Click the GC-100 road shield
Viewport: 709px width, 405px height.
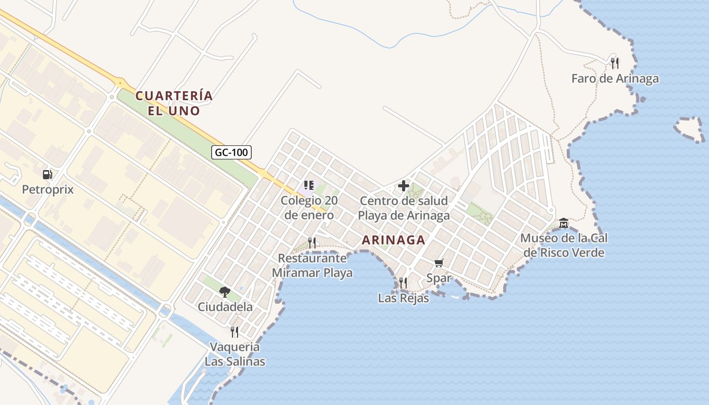pyautogui.click(x=231, y=152)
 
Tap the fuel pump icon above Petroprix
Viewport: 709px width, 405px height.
pyautogui.click(x=47, y=175)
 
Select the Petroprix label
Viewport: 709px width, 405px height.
pyautogui.click(x=48, y=190)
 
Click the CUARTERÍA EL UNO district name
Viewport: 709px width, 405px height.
pyautogui.click(x=174, y=103)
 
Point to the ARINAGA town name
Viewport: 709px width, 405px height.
pyautogui.click(x=393, y=240)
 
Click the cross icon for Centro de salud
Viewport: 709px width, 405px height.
pyautogui.click(x=404, y=186)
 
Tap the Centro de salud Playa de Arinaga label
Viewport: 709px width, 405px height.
pyautogui.click(x=404, y=208)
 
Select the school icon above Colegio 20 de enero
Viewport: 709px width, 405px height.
pyautogui.click(x=309, y=185)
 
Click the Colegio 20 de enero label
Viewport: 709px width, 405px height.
pyautogui.click(x=309, y=208)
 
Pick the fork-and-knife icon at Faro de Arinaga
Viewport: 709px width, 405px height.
pyautogui.click(x=615, y=63)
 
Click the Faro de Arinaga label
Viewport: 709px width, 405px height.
pyautogui.click(x=615, y=78)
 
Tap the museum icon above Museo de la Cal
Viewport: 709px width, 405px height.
pyautogui.click(x=564, y=223)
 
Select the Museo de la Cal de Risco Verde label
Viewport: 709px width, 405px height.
pyautogui.click(x=564, y=245)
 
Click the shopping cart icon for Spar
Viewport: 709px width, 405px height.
pyautogui.click(x=439, y=263)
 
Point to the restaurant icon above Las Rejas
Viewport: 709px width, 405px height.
pyautogui.click(x=403, y=282)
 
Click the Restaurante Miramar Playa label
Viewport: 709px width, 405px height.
pyautogui.click(x=312, y=265)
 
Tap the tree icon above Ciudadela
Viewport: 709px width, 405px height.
pyautogui.click(x=225, y=292)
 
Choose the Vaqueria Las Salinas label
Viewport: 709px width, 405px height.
pyautogui.click(x=235, y=354)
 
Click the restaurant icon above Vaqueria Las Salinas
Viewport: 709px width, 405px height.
pyautogui.click(x=234, y=332)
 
